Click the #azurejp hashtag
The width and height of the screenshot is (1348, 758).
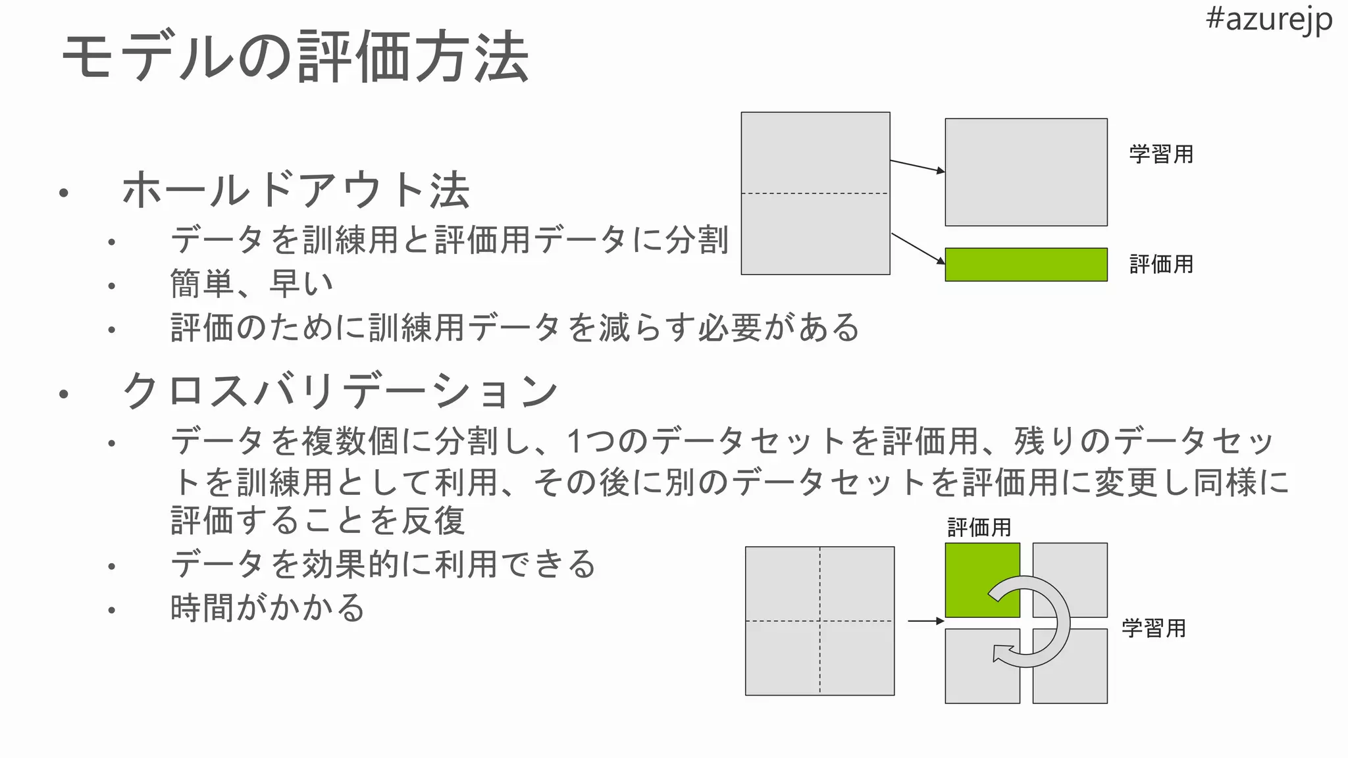(x=1268, y=19)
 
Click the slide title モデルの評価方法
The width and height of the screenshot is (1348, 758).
(x=296, y=57)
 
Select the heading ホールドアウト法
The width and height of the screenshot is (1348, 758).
(x=296, y=191)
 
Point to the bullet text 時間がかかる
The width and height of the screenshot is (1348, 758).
(x=267, y=607)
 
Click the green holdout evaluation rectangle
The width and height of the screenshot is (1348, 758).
(x=1025, y=265)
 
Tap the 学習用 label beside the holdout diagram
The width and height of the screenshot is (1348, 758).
(x=1161, y=155)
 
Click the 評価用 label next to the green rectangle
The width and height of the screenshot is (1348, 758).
(x=1161, y=265)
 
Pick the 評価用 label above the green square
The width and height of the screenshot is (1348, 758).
(x=979, y=528)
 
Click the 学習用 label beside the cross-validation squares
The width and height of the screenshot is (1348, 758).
(x=1153, y=628)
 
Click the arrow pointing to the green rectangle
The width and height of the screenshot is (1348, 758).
(x=918, y=249)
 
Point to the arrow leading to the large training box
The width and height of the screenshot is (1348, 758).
(x=917, y=166)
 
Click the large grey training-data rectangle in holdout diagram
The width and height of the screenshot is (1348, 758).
(x=1025, y=172)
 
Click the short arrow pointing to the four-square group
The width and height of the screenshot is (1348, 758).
(x=925, y=621)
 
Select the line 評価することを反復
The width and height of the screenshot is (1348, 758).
(x=317, y=521)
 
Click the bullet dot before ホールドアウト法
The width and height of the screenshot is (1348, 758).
(x=63, y=193)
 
